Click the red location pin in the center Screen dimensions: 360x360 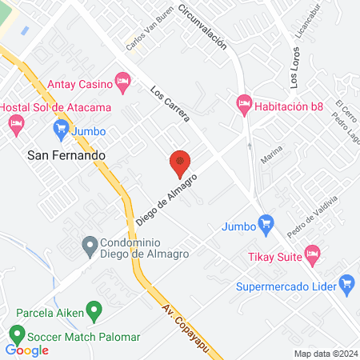[x=180, y=163]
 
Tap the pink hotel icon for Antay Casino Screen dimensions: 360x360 [x=122, y=80]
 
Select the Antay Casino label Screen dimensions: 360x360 [x=79, y=82]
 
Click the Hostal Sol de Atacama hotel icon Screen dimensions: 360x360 [x=15, y=122]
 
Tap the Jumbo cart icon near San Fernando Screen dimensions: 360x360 [x=60, y=128]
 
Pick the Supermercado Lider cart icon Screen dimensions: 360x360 [x=346, y=283]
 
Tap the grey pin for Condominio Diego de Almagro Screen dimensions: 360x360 [x=90, y=242]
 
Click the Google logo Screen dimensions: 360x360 [x=27, y=350]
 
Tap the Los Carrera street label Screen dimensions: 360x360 [x=170, y=105]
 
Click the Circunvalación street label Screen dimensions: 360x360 [x=203, y=27]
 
